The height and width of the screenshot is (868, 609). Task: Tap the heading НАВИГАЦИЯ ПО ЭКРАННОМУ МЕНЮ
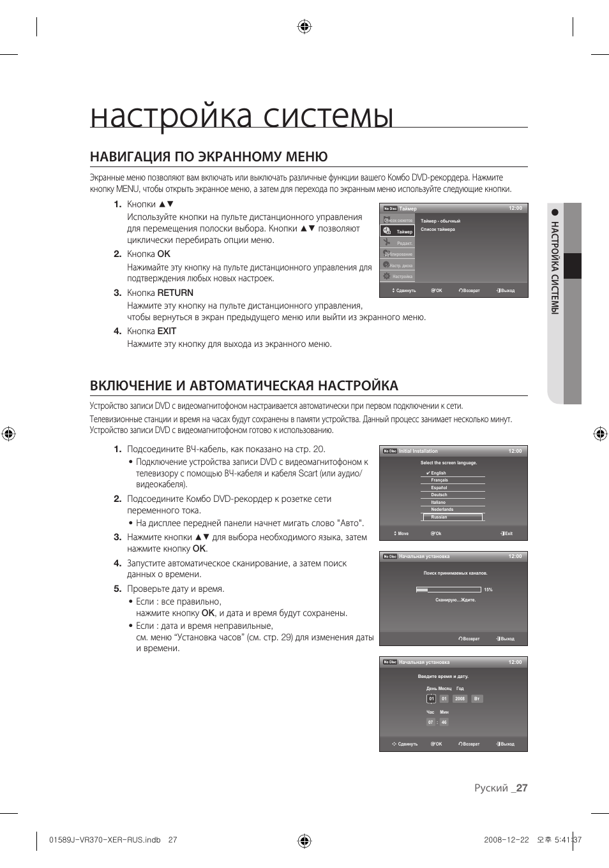pos(209,157)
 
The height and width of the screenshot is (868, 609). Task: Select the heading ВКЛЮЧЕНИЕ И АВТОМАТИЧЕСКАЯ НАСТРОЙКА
pos(244,385)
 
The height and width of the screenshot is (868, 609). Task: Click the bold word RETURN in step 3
pos(176,293)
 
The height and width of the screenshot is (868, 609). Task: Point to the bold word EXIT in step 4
pos(167,331)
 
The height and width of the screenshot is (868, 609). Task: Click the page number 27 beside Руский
pos(522,788)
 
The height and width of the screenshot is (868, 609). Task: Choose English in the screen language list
pos(439,473)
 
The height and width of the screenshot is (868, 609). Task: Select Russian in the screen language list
pos(439,517)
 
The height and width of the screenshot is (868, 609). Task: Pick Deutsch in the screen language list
pos(439,495)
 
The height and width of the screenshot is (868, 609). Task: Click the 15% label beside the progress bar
pos(488,590)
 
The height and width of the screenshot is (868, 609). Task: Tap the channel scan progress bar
pos(447,590)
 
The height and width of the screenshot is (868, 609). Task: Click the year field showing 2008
pos(460,699)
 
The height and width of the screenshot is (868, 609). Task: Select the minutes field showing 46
pos(444,723)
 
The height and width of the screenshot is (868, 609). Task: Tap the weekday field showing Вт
pos(477,699)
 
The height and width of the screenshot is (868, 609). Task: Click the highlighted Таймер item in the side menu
pos(404,232)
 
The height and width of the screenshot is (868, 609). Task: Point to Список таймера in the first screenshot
pos(438,230)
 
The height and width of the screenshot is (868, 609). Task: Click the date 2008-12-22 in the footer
pos(506,840)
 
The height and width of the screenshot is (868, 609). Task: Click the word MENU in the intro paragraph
pos(127,189)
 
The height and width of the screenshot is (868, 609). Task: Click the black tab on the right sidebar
pos(573,266)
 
